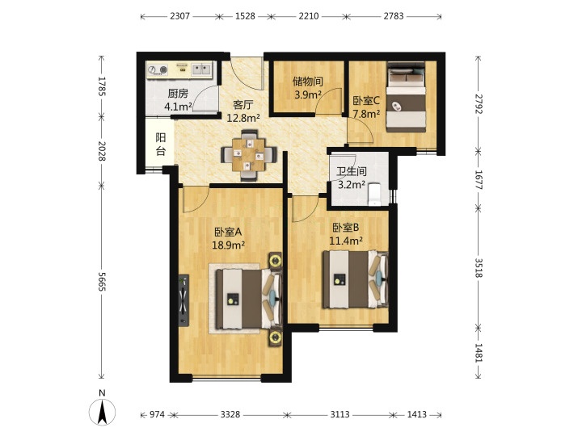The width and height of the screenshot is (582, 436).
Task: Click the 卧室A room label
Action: (228, 232)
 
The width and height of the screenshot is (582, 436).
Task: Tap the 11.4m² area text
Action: (346, 241)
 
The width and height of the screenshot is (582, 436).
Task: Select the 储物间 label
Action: (307, 82)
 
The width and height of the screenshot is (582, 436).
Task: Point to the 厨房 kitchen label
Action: (178, 94)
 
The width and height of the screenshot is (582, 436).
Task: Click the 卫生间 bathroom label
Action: (352, 171)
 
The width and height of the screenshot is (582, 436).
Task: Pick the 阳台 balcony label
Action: (160, 145)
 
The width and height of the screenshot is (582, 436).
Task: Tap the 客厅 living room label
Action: (242, 105)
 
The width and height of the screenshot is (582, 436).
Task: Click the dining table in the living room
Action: (249, 154)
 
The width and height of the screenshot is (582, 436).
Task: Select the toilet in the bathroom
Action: (374, 194)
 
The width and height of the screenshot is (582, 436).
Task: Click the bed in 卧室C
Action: (406, 97)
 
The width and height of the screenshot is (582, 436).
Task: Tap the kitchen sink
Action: (200, 69)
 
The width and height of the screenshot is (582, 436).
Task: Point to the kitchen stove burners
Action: (158, 69)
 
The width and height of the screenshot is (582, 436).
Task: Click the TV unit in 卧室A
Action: (183, 300)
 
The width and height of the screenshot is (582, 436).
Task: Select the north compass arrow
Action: (102, 411)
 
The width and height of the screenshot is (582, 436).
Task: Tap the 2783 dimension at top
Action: (394, 16)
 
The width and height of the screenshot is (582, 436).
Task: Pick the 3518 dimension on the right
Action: (478, 268)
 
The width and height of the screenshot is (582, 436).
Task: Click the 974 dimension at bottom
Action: (157, 414)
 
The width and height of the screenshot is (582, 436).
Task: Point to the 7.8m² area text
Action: (366, 114)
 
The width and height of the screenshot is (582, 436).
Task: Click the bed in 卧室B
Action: (355, 279)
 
